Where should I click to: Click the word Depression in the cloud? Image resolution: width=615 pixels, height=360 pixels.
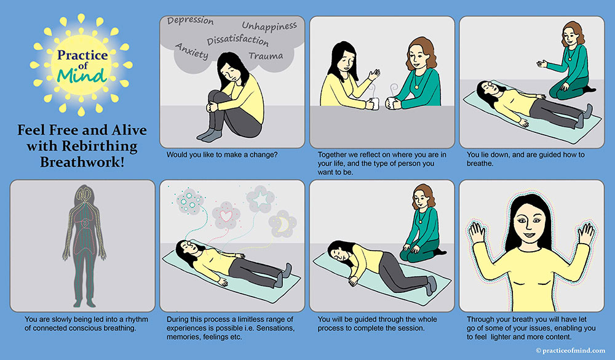click(x=190, y=21)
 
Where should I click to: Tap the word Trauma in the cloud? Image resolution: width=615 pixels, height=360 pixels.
click(x=266, y=56)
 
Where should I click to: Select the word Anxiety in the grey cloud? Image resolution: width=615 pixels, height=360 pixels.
click(x=191, y=51)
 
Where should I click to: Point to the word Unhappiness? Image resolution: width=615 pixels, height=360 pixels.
click(x=269, y=26)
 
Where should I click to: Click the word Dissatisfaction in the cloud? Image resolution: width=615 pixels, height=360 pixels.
click(x=237, y=40)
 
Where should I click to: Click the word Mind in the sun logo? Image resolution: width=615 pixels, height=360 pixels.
click(x=82, y=76)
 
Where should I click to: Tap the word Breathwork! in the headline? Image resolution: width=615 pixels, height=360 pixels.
click(x=82, y=162)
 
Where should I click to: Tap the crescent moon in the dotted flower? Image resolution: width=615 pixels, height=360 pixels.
click(x=283, y=224)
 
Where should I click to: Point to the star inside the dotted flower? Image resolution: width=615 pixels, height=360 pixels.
click(x=260, y=199)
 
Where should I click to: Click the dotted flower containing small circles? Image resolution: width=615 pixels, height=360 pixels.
click(x=190, y=201)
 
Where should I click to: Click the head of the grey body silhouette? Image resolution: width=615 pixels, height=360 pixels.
click(x=84, y=194)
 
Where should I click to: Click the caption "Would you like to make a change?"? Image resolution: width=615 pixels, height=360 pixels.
click(x=222, y=154)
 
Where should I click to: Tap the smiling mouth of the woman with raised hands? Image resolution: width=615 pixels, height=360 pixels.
click(x=529, y=236)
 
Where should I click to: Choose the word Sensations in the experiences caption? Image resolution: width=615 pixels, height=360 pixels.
click(x=274, y=328)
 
